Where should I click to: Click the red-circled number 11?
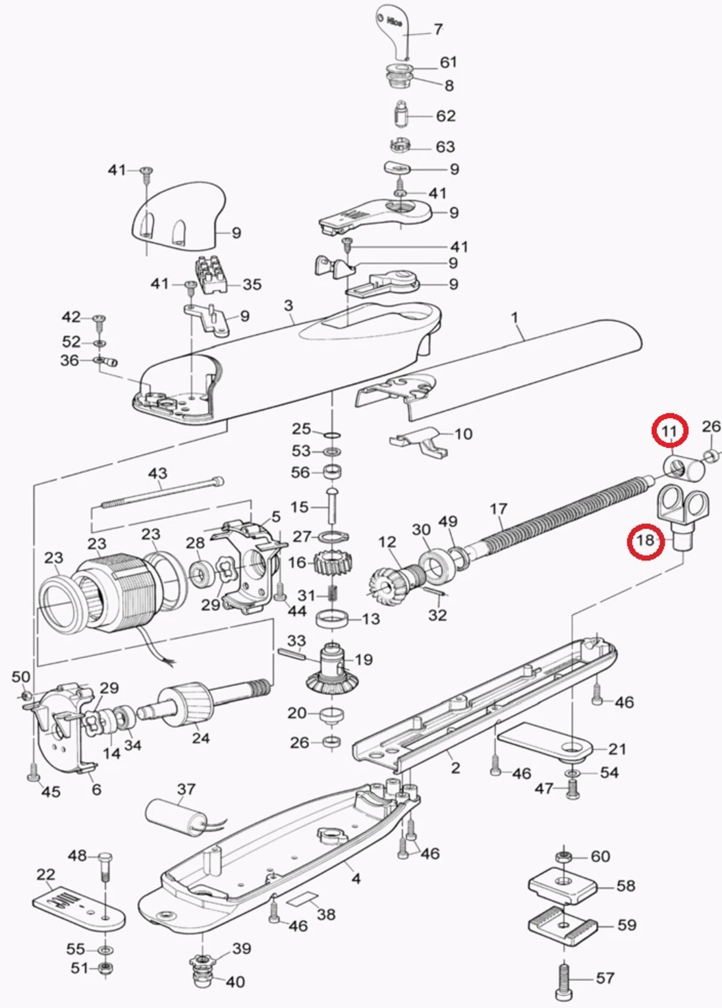click(x=669, y=432)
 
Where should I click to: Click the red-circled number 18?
click(x=645, y=541)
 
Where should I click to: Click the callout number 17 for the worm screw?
click(x=498, y=509)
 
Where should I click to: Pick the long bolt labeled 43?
click(x=161, y=493)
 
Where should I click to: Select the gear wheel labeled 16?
click(x=332, y=563)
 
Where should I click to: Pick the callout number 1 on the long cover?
click(x=514, y=318)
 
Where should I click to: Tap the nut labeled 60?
click(x=563, y=856)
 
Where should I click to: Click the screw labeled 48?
click(x=105, y=866)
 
